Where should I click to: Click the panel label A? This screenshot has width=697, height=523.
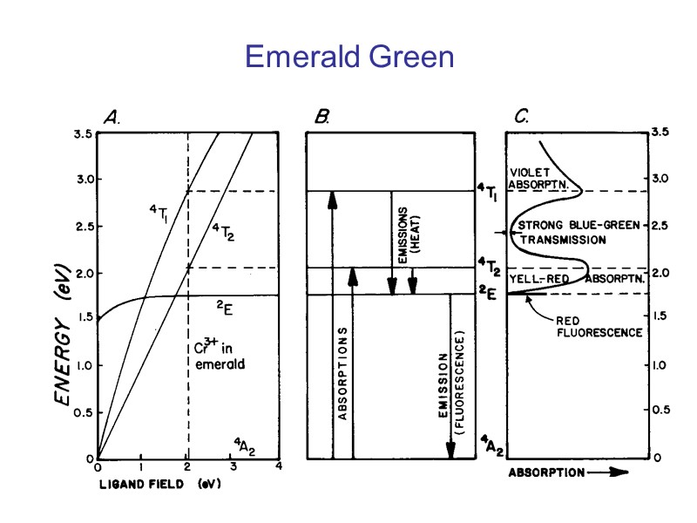point(113,117)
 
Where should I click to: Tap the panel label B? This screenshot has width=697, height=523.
point(322,117)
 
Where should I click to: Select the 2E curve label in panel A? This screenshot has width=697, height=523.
point(225,306)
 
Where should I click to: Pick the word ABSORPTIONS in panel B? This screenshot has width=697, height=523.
point(342,375)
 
